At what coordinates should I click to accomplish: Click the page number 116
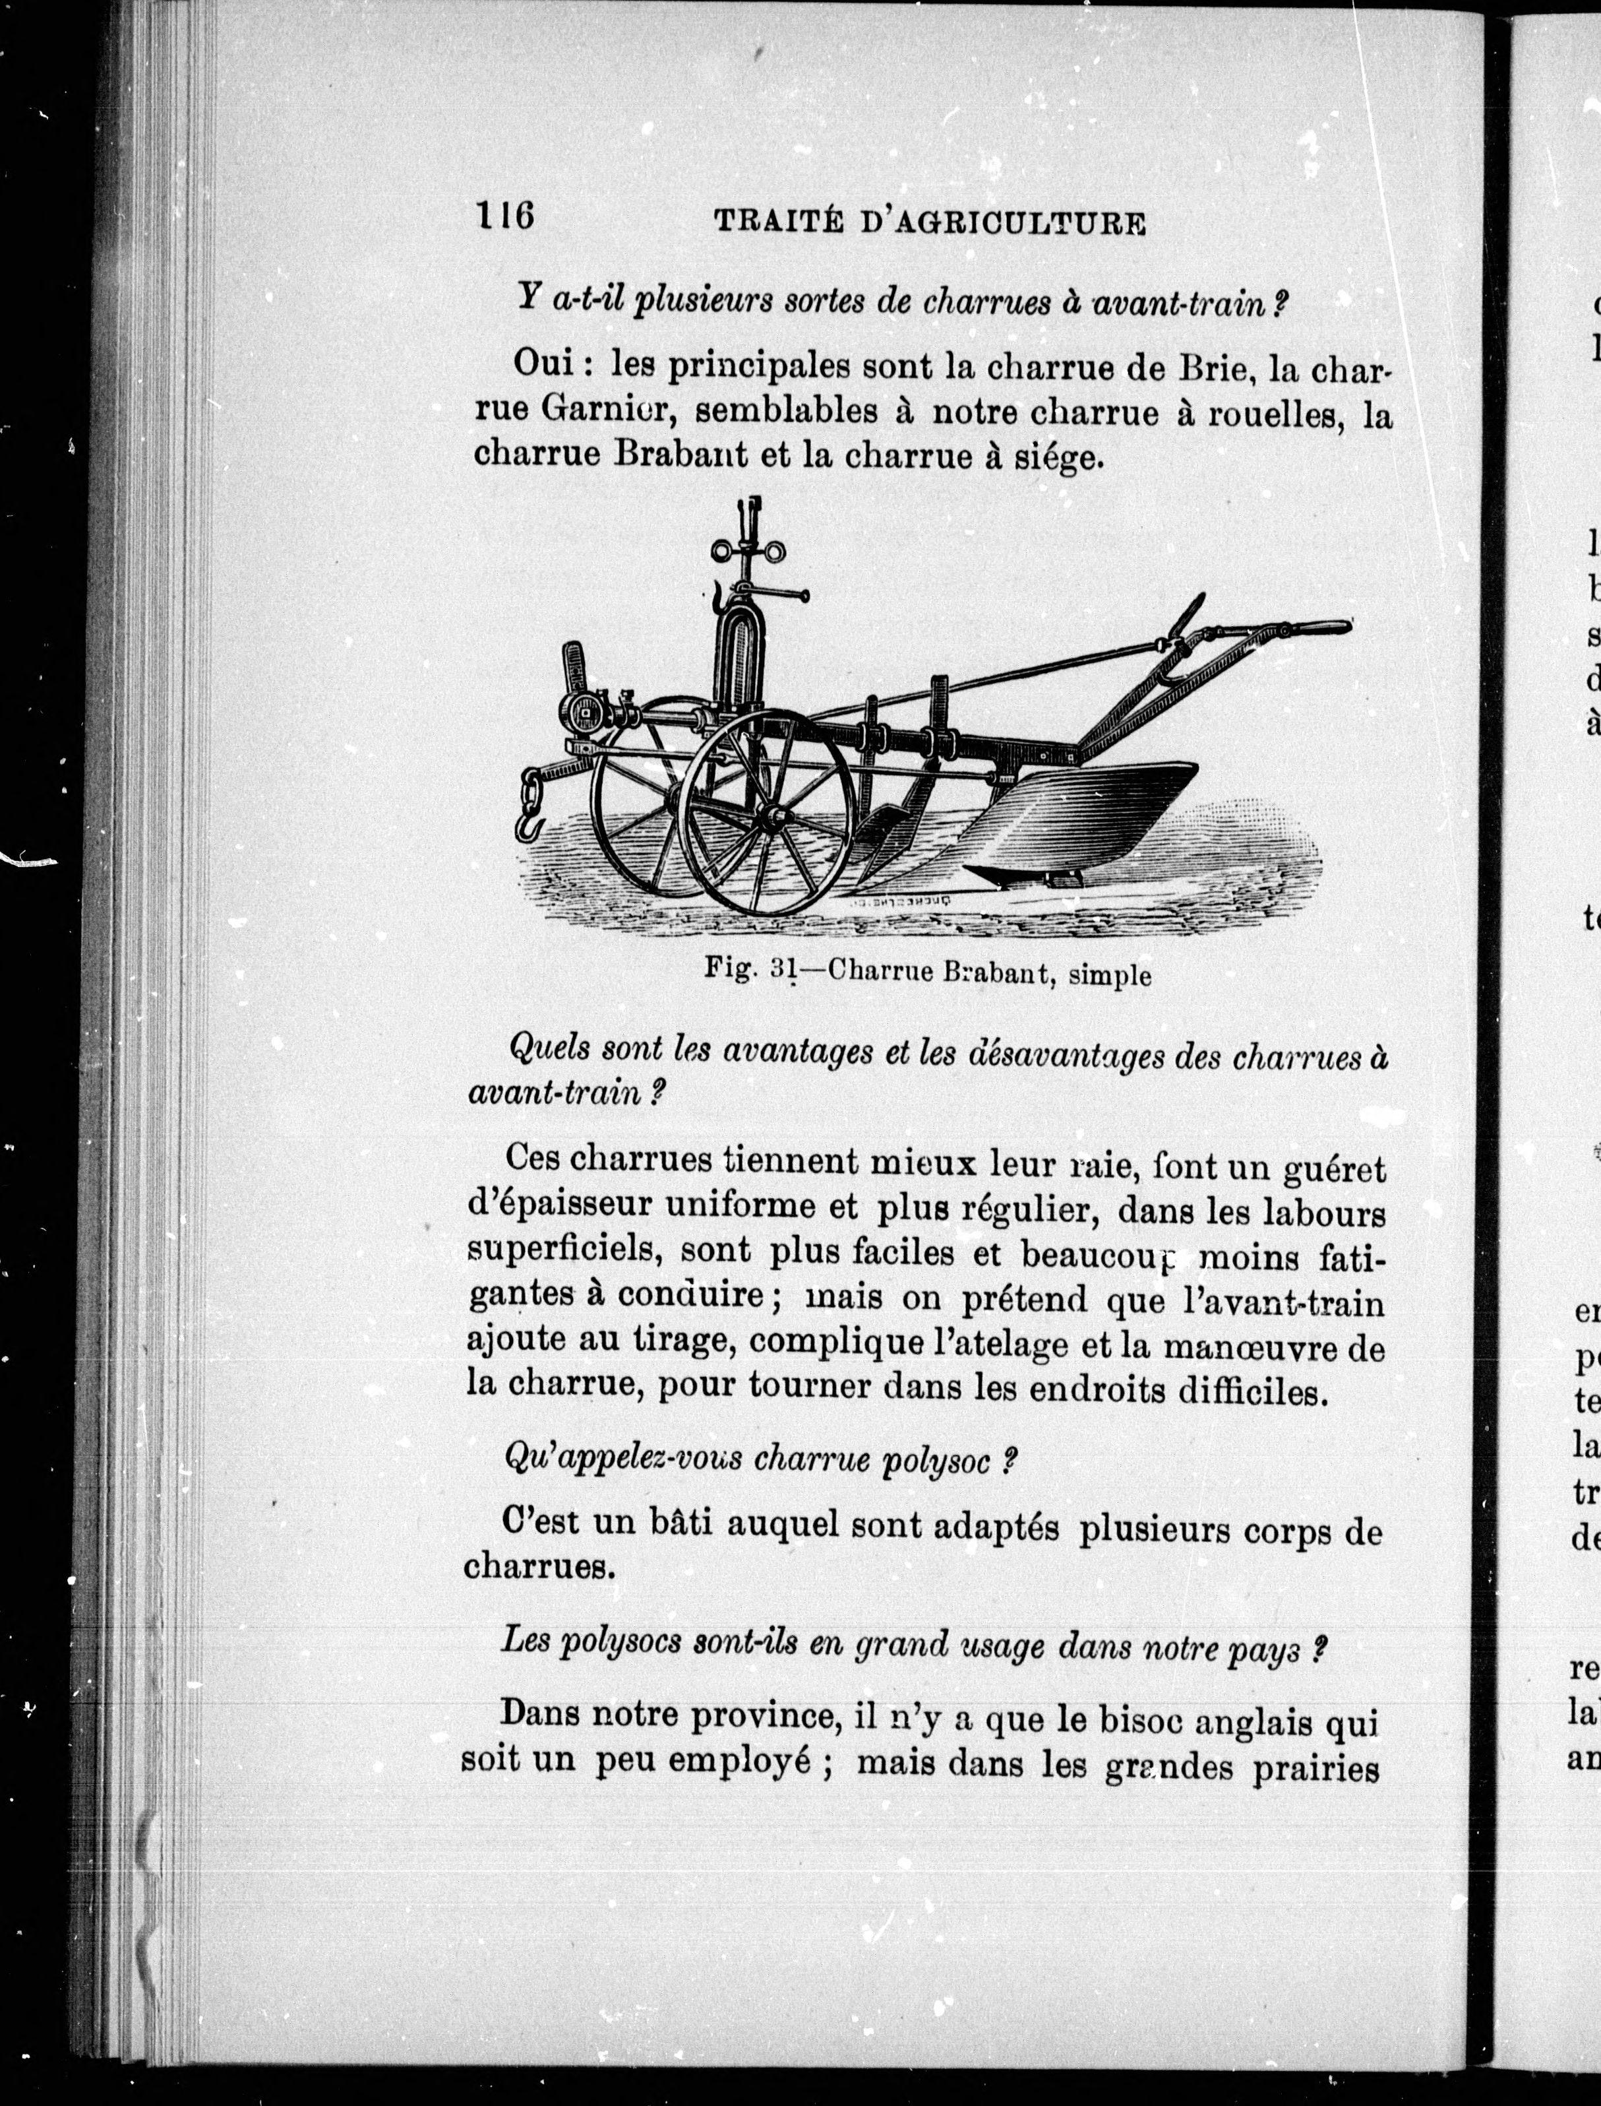coord(504,217)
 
